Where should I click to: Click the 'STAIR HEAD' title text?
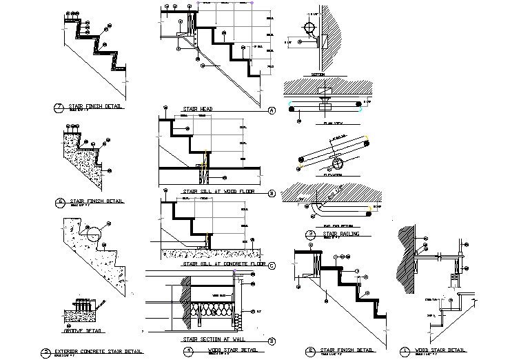click(197, 109)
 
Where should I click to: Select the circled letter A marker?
click(271, 110)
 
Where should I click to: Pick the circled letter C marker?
click(271, 264)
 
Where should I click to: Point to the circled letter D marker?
click(271, 340)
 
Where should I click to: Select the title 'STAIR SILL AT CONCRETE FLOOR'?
click(224, 263)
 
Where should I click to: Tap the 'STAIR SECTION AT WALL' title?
click(213, 339)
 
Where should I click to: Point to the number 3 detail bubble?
click(312, 234)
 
